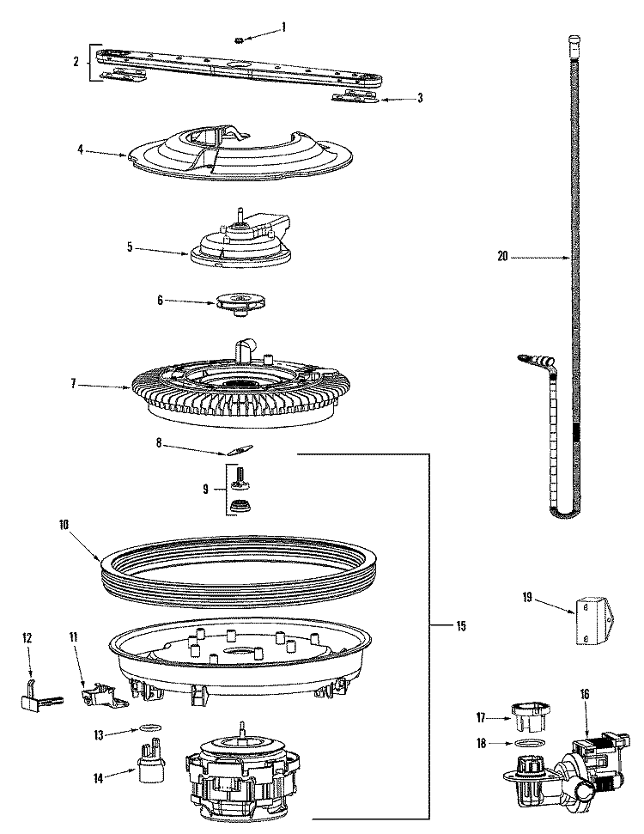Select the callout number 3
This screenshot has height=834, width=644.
point(419,98)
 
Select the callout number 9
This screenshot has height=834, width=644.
point(205,489)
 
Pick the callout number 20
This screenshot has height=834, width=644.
point(503,255)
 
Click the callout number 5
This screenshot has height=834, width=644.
point(130,247)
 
